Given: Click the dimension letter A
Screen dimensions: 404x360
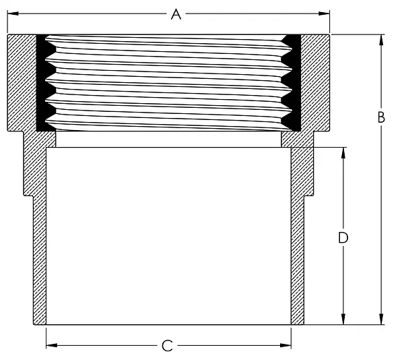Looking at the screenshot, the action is coord(176,14).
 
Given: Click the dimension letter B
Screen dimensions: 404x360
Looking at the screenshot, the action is coord(381,117).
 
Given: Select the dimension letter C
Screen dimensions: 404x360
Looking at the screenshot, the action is coord(167,346).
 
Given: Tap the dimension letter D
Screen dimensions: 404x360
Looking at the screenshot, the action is coord(343,238).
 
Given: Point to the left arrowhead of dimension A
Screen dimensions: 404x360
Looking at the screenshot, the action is coord(13,13).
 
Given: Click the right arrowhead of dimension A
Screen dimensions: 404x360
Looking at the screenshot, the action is coord(324,13).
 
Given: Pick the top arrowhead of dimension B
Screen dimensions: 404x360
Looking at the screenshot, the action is coord(381,40).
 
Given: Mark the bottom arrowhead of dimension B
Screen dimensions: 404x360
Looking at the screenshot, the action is coord(381,319).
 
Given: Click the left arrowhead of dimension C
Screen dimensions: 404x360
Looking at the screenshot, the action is coord(52,345).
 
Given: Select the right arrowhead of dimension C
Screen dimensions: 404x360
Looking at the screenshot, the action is coord(285,345).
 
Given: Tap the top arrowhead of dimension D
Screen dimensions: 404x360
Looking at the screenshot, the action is coord(343,153).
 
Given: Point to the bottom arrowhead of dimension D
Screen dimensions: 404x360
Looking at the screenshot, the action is coord(343,319).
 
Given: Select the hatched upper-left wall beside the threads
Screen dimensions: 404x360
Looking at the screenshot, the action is coord(22,82).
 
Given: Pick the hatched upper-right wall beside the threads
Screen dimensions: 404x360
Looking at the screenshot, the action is coord(315,82).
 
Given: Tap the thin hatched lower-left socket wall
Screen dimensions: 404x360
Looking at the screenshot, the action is coord(40,260).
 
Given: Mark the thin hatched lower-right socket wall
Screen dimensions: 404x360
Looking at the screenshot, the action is coord(298,260).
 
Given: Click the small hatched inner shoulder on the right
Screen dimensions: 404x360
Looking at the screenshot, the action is coord(286,140).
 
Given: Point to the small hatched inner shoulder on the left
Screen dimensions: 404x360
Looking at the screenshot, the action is coord(51,140).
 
